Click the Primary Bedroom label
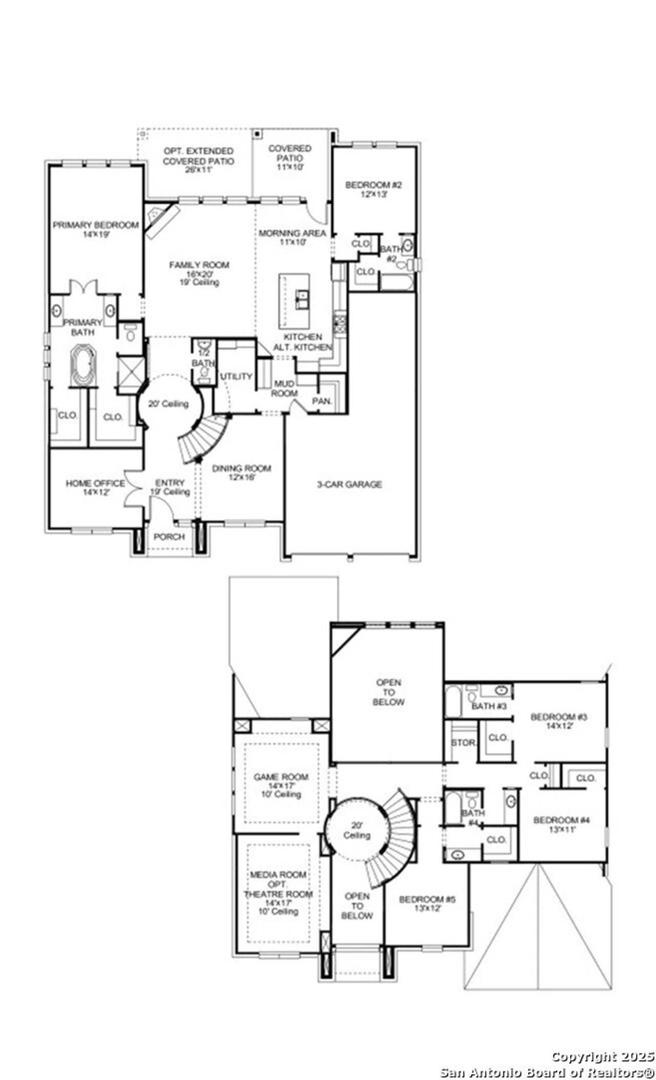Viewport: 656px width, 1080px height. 96,225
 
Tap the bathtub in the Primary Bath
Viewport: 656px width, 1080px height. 83,365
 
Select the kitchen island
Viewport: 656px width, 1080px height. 294,301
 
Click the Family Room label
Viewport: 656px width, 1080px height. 199,265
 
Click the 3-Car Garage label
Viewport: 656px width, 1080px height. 350,484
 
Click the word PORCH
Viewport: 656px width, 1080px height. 169,537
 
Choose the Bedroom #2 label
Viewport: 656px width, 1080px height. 373,185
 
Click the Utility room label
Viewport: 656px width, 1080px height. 237,376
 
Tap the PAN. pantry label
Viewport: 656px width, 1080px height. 322,401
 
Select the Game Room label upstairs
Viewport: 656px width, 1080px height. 281,777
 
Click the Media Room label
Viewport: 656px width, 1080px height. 278,874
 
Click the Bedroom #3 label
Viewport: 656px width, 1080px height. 559,717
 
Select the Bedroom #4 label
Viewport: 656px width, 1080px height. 562,820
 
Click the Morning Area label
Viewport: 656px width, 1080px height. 292,233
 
